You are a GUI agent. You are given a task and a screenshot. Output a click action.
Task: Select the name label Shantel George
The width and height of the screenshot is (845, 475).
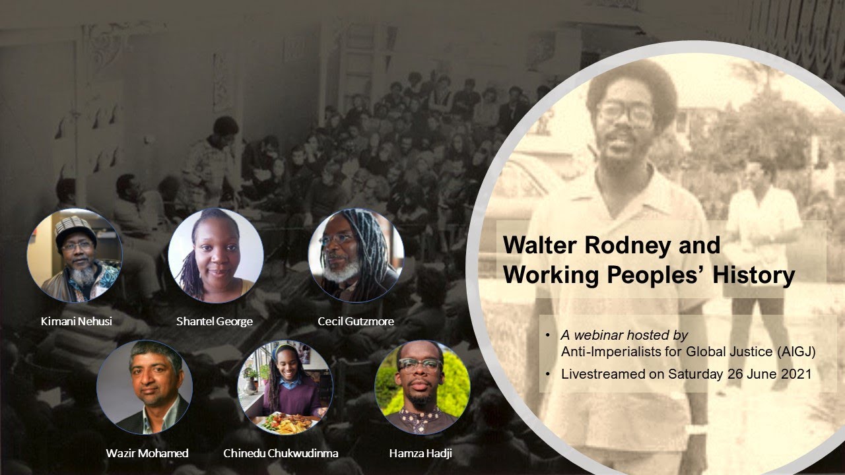215,321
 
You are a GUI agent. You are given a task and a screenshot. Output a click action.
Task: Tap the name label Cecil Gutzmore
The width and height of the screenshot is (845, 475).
355,321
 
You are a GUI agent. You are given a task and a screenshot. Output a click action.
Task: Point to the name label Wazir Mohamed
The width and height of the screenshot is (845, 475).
147,453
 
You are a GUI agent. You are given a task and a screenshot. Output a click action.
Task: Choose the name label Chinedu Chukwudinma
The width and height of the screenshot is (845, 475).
281,453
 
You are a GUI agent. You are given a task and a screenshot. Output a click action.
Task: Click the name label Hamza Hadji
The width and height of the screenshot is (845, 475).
421,453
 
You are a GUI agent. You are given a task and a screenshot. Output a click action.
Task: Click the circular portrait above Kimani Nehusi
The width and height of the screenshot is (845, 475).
75,255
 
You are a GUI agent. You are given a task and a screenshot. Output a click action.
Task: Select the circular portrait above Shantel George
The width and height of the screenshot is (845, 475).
215,255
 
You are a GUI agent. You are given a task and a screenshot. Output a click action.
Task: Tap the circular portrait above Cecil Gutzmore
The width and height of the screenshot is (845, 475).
356,255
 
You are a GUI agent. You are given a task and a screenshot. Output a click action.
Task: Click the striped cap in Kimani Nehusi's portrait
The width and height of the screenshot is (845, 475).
75,228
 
